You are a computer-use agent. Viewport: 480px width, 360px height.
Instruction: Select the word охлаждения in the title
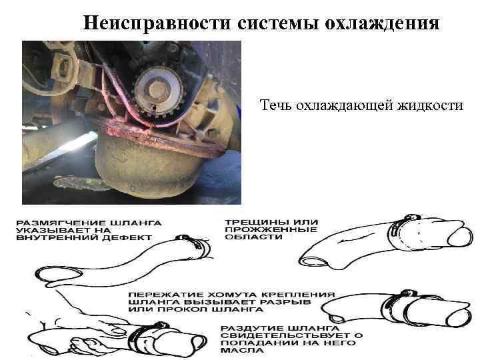(382, 23)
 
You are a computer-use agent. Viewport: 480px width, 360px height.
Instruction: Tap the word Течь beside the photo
(276, 105)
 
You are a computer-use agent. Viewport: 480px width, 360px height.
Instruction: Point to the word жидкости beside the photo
(431, 105)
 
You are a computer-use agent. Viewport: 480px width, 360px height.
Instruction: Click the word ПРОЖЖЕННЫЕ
(271, 229)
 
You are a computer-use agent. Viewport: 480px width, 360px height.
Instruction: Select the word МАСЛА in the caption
(238, 350)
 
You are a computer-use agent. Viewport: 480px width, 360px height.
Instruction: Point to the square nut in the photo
(63, 68)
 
